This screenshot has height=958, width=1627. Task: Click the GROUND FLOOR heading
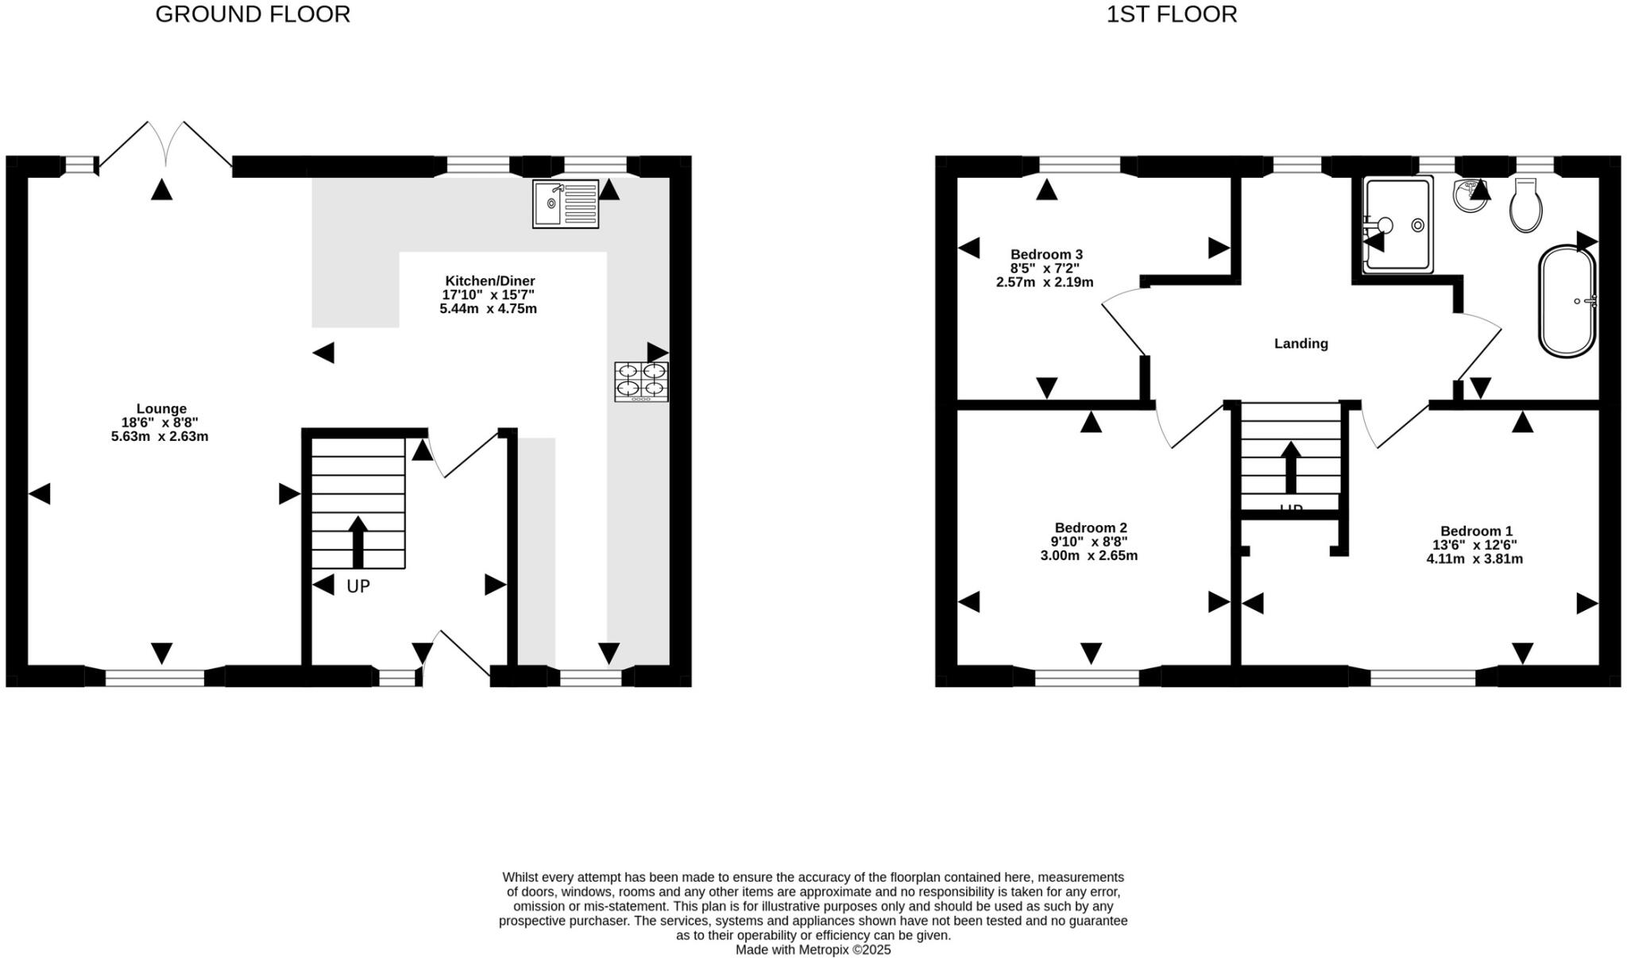coord(253,14)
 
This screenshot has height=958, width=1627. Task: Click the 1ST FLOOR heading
coord(1171,14)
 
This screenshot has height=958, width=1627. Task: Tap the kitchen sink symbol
coord(565,204)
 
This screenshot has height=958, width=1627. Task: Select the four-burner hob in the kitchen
coord(641,381)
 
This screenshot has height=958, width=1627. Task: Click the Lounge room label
coord(161,409)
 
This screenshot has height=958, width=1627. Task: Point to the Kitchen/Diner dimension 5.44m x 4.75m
coord(489,309)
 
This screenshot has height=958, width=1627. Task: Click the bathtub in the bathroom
coord(1567,302)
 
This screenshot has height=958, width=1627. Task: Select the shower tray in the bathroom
coord(1398,225)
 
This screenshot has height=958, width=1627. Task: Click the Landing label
coord(1300,344)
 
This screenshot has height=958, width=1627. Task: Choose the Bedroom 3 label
coord(1046,254)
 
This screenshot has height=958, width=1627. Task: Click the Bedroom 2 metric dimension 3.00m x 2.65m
coord(1089,556)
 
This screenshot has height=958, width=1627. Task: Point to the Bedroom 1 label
coord(1476,531)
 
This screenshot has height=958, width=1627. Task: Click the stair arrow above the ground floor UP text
coord(358,542)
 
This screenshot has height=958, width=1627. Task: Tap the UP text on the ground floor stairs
coord(358,587)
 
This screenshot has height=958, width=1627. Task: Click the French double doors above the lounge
coord(166,147)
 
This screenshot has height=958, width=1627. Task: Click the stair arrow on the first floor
coord(1291,468)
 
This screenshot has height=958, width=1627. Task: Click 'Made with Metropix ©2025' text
coord(813,950)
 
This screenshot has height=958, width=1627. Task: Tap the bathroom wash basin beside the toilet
coord(1470,195)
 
